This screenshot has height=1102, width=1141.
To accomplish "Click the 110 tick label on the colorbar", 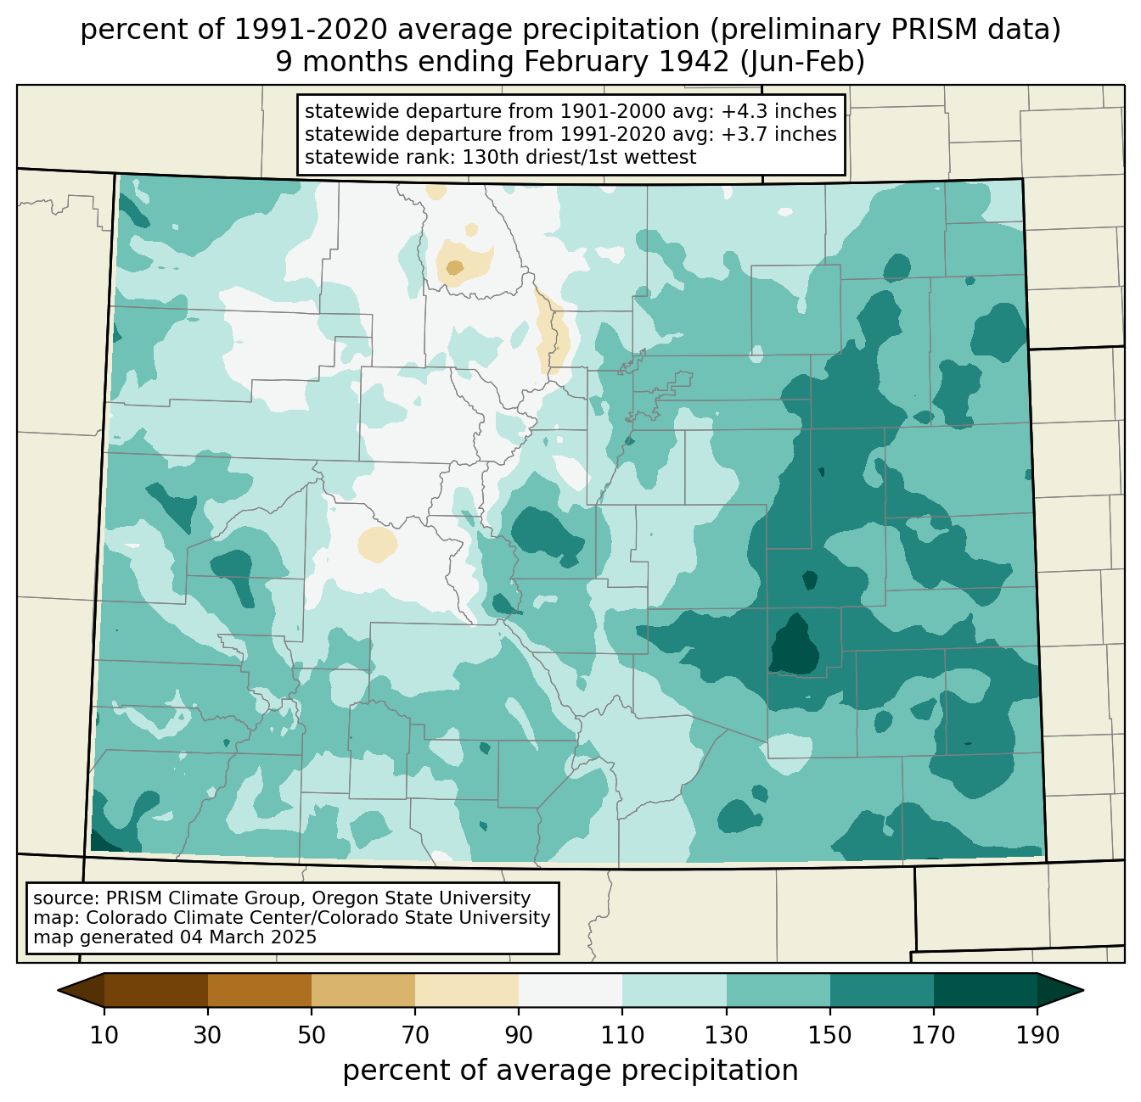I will tap(622, 1036).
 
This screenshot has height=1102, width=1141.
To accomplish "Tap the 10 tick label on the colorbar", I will tap(104, 1036).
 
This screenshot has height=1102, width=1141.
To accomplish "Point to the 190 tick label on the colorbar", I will tap(1037, 1036).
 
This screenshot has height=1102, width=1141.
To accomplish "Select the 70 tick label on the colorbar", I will tap(415, 1036).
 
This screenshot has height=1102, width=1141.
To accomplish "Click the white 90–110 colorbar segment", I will tap(570, 990).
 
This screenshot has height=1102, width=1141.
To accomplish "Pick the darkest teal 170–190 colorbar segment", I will tap(985, 990).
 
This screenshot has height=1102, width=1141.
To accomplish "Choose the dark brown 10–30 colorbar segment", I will tap(156, 990).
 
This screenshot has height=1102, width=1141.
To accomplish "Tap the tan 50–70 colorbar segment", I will tap(363, 990).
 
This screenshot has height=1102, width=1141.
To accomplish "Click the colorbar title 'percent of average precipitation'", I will tap(570, 1071).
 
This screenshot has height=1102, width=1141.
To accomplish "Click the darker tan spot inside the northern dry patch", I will tap(455, 267).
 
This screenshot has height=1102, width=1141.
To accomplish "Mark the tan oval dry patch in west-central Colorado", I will tap(377, 544).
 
